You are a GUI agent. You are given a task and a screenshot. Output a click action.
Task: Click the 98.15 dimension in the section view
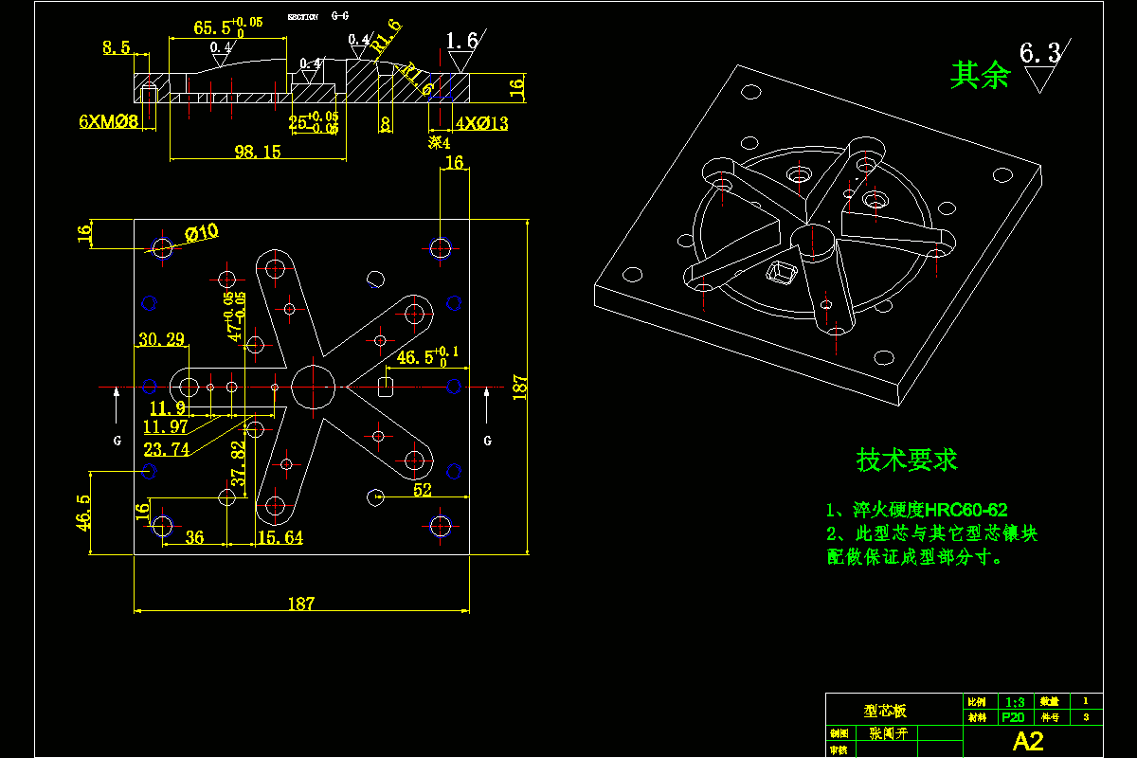point(258,152)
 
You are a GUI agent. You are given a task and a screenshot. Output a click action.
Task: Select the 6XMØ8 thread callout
point(109,121)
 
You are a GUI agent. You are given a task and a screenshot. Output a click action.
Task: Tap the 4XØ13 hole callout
point(481,123)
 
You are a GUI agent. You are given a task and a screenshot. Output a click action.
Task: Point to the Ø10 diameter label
point(201,232)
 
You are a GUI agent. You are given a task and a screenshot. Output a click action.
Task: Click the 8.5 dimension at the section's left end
point(117,47)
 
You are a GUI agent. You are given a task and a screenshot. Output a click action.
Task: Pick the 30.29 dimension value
point(161,339)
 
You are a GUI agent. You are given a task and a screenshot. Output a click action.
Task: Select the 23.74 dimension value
point(166,449)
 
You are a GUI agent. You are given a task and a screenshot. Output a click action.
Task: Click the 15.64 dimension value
point(280,538)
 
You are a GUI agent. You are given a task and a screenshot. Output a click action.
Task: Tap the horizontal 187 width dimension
point(301,604)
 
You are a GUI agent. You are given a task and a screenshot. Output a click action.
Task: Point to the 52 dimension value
point(423,490)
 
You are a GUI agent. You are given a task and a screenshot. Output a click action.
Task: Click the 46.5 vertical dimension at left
point(84,513)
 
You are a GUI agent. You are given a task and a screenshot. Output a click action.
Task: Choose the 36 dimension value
point(194,538)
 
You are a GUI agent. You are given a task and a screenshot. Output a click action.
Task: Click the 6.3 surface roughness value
point(1039,52)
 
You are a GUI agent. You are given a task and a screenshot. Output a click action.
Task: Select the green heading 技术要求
point(907,460)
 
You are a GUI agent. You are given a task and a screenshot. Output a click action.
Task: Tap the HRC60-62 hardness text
point(966,511)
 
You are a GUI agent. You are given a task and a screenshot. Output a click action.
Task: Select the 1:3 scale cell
point(1015,702)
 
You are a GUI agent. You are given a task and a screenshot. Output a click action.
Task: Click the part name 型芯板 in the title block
point(885,710)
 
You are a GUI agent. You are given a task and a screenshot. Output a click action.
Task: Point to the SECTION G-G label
point(318,17)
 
